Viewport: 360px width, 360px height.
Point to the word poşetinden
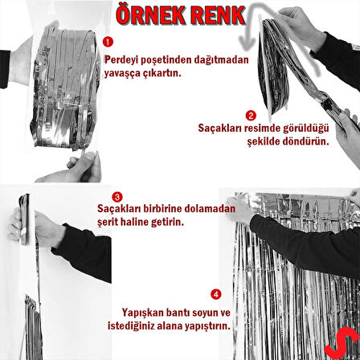coord(165,59)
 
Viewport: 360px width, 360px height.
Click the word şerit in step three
coord(108,220)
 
